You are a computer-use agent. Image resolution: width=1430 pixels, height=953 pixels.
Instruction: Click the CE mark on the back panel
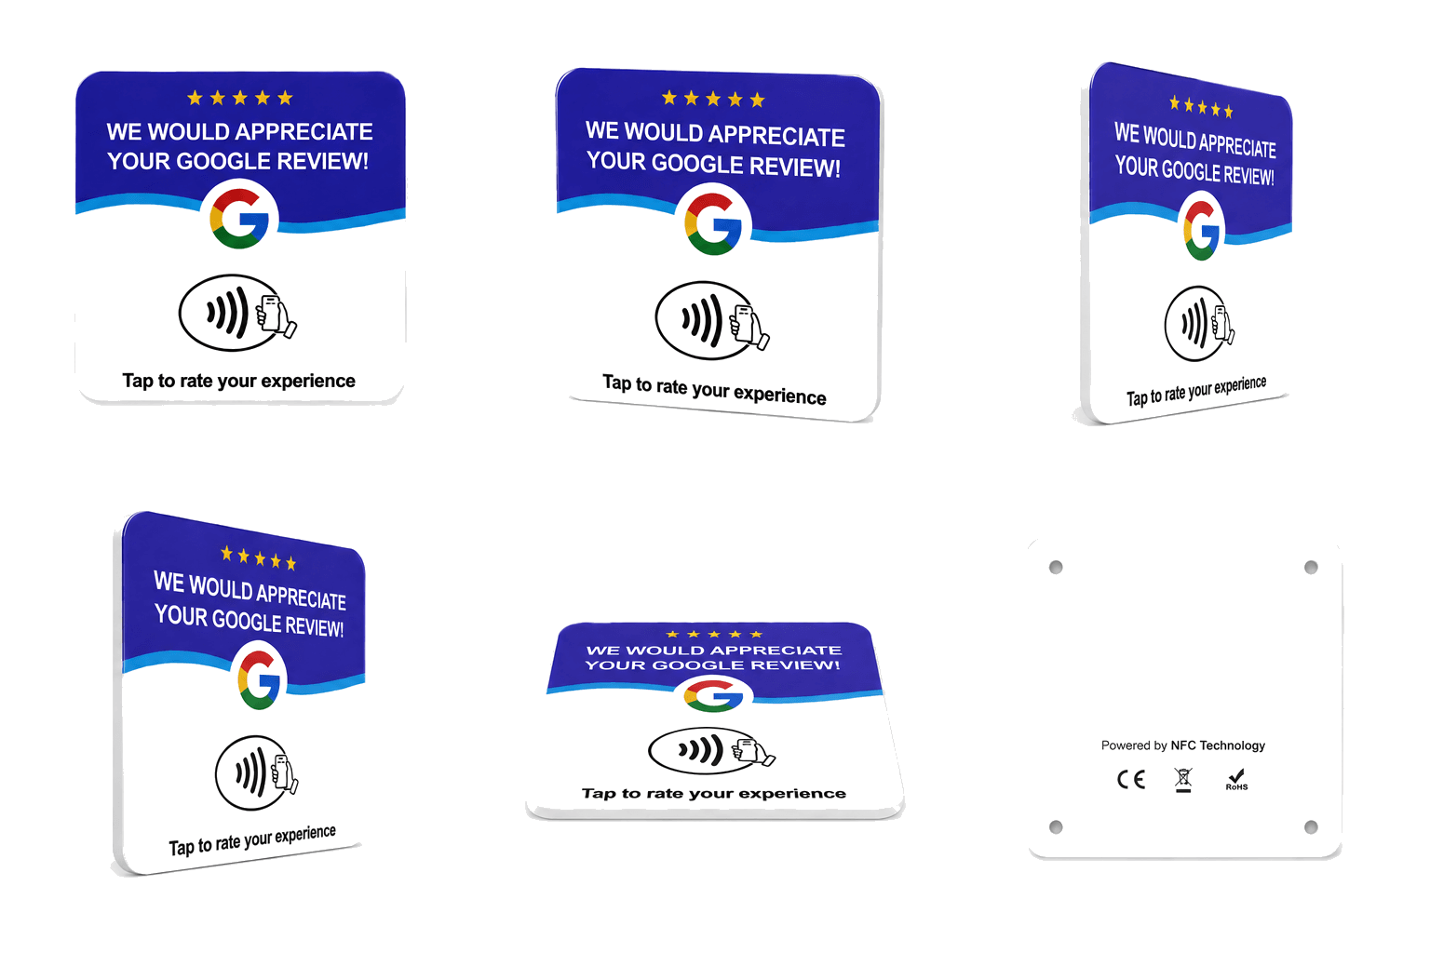click(x=1130, y=779)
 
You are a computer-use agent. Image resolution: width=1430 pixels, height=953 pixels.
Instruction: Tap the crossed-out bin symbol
click(x=1183, y=779)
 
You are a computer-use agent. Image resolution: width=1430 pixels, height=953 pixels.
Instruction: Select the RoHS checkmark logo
click(x=1236, y=779)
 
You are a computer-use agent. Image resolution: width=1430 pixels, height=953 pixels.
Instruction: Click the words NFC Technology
click(x=1218, y=745)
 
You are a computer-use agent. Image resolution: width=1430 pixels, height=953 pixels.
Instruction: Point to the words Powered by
click(x=1134, y=745)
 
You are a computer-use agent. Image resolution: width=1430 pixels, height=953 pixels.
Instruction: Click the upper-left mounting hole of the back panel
click(x=1056, y=567)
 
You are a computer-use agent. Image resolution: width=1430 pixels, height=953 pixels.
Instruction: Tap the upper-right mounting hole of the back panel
click(x=1311, y=567)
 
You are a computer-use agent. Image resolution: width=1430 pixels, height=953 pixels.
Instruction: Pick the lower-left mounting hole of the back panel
click(x=1056, y=827)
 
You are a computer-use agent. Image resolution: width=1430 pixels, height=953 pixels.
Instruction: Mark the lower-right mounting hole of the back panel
click(x=1311, y=827)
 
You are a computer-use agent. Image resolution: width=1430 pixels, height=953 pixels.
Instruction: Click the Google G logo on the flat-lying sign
click(x=714, y=696)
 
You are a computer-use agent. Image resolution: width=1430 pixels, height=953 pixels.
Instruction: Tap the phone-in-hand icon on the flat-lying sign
click(x=753, y=751)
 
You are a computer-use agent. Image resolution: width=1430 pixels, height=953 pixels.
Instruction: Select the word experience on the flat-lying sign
click(x=792, y=794)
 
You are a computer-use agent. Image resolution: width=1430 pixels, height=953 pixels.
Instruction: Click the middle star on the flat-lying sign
click(x=714, y=634)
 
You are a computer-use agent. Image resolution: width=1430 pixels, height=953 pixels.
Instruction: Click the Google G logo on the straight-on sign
click(x=239, y=219)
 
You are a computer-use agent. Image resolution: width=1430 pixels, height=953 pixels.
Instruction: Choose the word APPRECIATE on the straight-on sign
click(x=310, y=131)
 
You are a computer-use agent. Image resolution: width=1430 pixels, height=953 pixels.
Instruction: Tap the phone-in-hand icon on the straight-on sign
click(x=276, y=315)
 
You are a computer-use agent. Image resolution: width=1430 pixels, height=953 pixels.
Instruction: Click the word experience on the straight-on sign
click(x=308, y=381)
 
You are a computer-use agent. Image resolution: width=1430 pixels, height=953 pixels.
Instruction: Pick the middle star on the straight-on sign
click(x=240, y=98)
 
